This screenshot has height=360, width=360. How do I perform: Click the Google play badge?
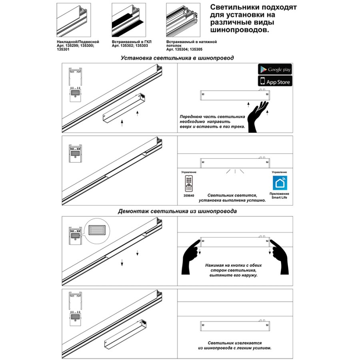click(275, 69)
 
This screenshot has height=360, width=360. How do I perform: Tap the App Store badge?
click(275, 81)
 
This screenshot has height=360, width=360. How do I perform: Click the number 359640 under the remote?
click(189, 196)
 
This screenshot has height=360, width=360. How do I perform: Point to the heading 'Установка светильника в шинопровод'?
click(177, 58)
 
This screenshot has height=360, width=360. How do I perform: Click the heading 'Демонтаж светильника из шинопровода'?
click(177, 211)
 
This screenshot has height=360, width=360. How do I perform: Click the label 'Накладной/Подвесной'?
click(78, 42)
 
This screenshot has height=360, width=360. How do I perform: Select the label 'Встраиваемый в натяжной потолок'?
click(191, 44)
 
